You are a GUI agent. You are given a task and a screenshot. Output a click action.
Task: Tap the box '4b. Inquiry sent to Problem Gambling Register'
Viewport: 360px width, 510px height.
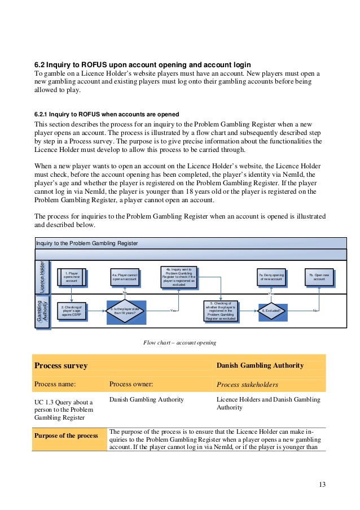pos(179,277)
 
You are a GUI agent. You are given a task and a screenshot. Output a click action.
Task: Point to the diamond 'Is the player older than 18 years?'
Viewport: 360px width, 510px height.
pos(126,311)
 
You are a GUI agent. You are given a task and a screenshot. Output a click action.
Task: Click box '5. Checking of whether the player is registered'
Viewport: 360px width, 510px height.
pos(221,311)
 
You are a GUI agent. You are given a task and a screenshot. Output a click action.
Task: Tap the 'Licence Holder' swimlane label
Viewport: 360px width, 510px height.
pos(42,277)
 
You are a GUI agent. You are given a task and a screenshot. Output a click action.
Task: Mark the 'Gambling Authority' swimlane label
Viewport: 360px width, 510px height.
pos(42,310)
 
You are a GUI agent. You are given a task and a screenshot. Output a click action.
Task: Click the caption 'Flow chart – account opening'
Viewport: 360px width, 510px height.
pos(180,343)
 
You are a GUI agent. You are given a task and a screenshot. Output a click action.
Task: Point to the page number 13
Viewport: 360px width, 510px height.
pos(322,485)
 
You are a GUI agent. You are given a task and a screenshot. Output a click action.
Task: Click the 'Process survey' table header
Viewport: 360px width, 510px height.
pos(61,365)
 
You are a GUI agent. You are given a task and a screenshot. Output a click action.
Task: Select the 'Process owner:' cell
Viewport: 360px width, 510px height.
pos(131,385)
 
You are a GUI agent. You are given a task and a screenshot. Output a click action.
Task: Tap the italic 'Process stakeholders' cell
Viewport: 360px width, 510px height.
pos(247,385)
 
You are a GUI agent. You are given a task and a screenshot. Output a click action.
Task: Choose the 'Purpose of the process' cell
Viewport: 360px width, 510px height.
pos(66,436)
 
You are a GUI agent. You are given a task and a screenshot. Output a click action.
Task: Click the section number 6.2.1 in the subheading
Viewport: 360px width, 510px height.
pos(44,114)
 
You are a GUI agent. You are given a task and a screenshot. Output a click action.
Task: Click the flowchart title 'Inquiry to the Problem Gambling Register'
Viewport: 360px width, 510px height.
pos(87,243)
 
